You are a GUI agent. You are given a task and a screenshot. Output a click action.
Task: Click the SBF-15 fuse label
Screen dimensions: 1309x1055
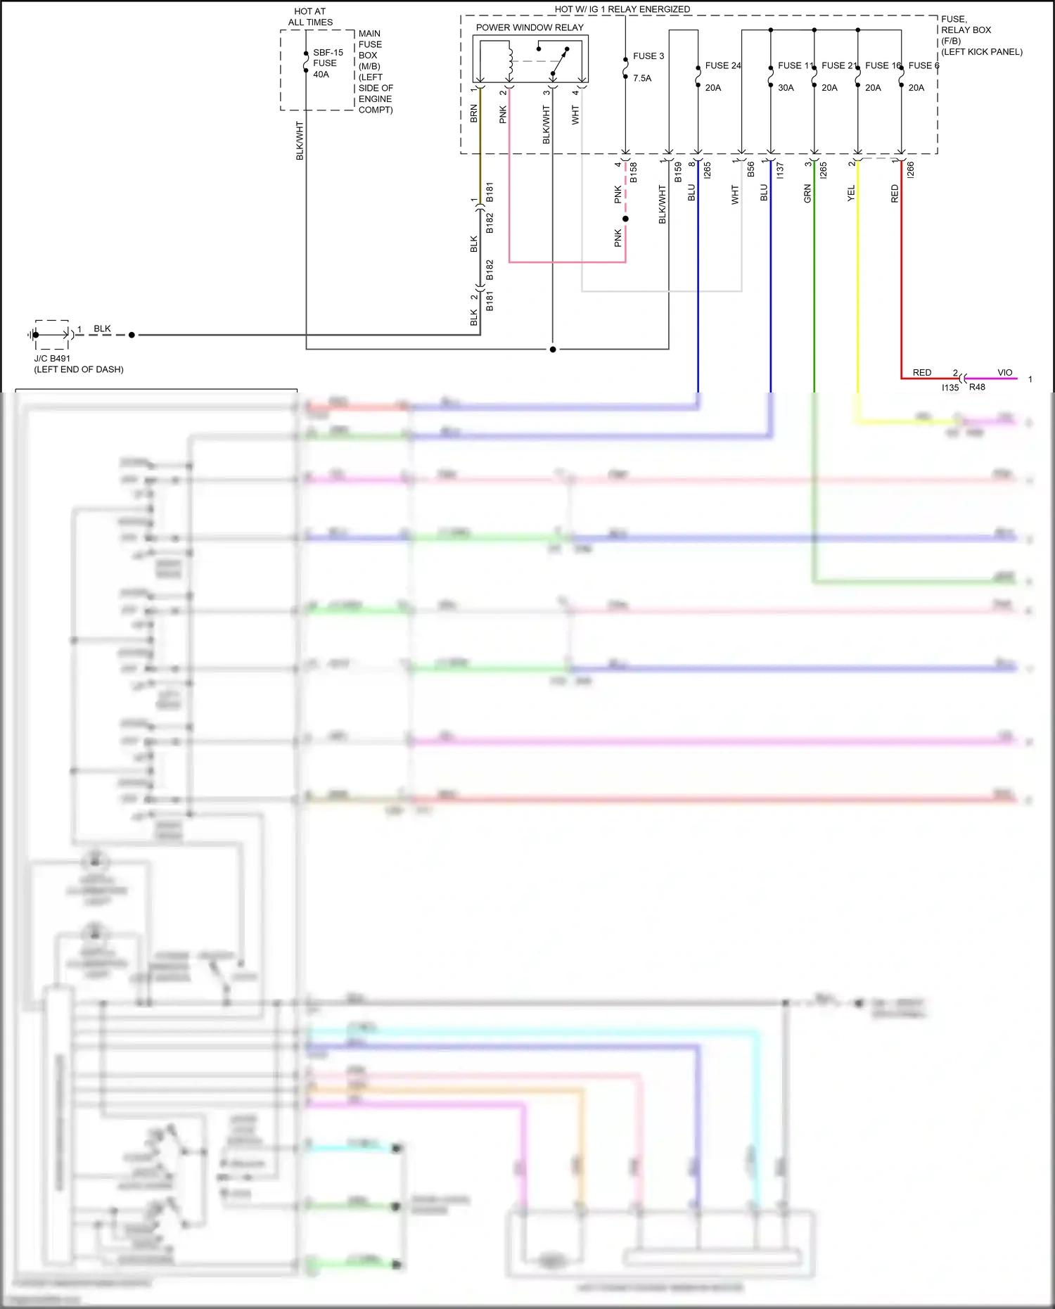328,53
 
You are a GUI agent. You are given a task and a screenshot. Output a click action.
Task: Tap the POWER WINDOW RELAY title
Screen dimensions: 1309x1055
530,27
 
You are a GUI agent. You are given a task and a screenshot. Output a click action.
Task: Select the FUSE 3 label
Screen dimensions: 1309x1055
648,56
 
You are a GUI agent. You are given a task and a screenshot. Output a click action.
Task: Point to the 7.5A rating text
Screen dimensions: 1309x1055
641,78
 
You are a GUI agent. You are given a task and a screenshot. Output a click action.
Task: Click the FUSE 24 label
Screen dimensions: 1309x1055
722,65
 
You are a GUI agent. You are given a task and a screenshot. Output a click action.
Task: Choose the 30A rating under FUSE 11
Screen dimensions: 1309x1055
785,88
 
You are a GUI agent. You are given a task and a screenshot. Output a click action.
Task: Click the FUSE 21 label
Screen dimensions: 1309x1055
838,65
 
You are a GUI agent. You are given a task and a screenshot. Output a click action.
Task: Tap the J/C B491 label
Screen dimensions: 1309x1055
52,358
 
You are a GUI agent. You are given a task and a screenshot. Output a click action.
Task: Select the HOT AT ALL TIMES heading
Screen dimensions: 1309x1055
310,17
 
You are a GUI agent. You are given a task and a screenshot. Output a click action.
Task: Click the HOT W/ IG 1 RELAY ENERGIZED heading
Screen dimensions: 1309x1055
622,9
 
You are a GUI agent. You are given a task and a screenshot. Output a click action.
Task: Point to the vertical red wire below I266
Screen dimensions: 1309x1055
902,281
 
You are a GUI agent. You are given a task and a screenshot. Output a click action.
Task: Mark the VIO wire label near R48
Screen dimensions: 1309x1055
1004,372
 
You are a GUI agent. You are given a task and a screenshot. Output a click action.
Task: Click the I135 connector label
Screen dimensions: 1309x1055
949,388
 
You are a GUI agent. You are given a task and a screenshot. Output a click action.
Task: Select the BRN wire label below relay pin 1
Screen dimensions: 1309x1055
473,114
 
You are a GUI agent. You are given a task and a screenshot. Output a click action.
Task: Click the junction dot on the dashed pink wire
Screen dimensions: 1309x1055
625,219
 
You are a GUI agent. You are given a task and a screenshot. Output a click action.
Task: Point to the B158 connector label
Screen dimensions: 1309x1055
633,172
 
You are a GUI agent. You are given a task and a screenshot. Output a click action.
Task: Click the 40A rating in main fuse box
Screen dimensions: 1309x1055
321,74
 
